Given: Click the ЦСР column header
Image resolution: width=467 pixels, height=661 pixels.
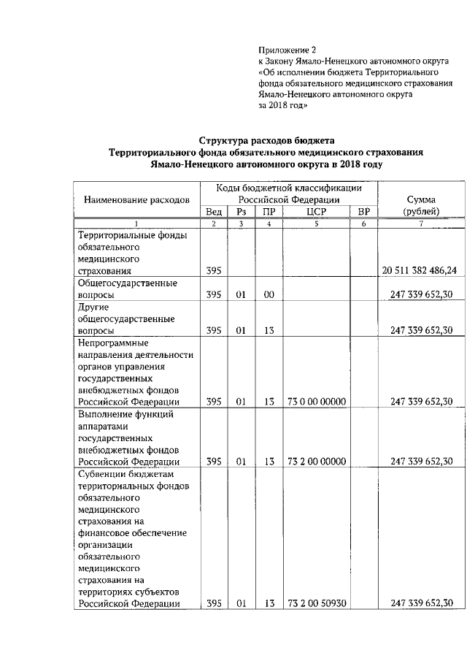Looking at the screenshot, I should (x=317, y=212).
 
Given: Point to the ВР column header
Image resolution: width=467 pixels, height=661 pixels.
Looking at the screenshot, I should (x=363, y=212).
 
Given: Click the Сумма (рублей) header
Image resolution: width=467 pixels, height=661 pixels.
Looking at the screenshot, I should (x=422, y=205).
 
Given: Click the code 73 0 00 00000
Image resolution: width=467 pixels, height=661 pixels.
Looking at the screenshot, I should (x=317, y=401).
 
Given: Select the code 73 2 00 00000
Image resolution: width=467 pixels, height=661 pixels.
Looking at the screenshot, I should (x=317, y=461).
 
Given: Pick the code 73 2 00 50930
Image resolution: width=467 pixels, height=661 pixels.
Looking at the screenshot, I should (x=317, y=603).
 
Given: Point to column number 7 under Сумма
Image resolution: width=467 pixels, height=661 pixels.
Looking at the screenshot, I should (x=421, y=223).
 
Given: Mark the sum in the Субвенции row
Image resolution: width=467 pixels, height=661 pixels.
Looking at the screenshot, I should (x=422, y=603).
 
